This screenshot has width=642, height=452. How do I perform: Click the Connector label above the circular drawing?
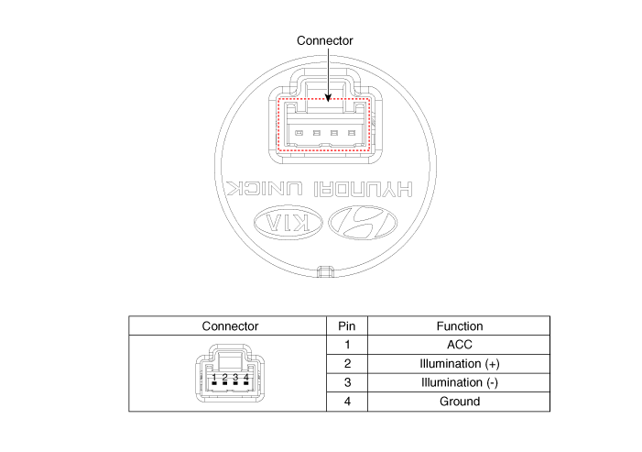325,40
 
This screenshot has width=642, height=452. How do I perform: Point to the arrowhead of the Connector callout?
328,97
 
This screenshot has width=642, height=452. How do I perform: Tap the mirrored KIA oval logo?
288,223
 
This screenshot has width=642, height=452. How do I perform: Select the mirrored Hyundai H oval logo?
363,223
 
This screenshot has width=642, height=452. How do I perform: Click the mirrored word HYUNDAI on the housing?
364,189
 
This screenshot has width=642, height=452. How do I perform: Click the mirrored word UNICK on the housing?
265,189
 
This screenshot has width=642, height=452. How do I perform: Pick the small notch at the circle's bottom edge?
325,271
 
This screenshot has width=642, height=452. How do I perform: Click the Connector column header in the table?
230,326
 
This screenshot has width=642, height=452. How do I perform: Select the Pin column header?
347,326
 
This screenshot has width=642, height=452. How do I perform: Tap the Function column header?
460,326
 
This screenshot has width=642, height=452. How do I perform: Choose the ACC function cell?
460,345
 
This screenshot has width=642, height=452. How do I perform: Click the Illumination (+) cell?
460,364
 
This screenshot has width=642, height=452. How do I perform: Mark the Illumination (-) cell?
460,382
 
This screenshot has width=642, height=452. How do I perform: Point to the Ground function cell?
460,402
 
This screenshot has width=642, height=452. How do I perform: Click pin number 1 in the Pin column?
347,345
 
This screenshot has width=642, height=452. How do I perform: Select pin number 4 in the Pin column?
347,402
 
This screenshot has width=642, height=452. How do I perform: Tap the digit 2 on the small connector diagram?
224,378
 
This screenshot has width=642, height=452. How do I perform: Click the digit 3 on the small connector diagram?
235,378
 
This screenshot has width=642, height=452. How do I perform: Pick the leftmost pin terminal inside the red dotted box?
299,133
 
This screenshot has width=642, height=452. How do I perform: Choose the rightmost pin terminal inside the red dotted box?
352,133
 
